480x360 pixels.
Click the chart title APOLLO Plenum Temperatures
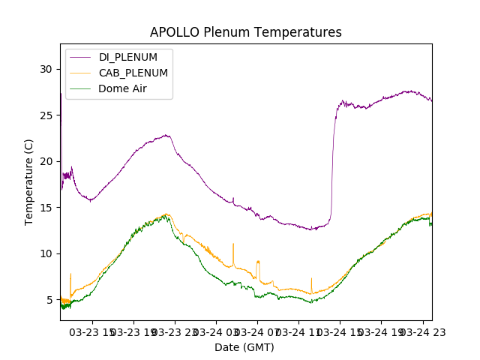coord(245,32)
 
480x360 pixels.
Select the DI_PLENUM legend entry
coord(128,58)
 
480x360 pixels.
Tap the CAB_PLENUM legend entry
coord(133,73)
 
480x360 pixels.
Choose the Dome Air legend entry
coord(122,88)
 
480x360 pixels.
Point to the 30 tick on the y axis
coord(46,69)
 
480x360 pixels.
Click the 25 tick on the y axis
coord(46,115)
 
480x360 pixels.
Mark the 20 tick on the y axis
coord(46,161)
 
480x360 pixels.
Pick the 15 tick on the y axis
coord(46,207)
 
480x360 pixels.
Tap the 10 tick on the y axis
coord(46,253)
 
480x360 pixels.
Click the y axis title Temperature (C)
coord(28,181)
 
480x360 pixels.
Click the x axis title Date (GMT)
coord(244,347)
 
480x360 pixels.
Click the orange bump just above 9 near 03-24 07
coord(258,262)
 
